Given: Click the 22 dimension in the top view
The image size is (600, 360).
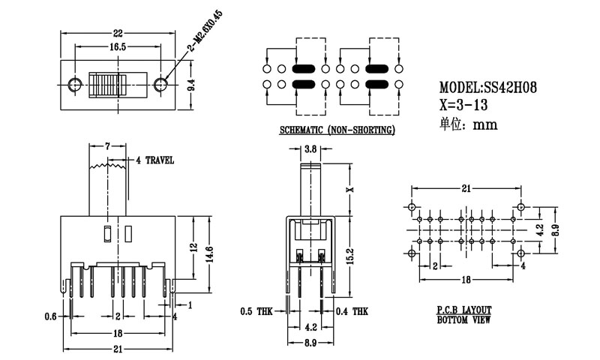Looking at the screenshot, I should [x=117, y=33].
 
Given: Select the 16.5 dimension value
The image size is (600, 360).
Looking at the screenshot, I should [x=118, y=46].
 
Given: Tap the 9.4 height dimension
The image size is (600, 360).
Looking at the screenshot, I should [x=192, y=85].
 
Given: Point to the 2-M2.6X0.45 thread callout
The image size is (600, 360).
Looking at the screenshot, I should [x=184, y=57].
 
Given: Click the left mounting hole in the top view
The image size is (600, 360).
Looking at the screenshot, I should [x=73, y=84].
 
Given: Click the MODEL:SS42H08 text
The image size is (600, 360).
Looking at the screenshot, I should [x=487, y=88].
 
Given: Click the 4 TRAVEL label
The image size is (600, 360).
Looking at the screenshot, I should [x=155, y=160].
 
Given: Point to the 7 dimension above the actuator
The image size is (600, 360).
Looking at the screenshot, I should [x=108, y=145].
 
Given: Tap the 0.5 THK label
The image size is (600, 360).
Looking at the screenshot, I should [x=258, y=310].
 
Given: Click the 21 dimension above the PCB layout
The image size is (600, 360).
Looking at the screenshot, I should [x=465, y=188].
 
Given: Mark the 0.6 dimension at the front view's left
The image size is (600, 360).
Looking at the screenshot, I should [x=51, y=316].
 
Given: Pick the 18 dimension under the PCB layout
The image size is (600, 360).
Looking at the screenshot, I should [x=465, y=279].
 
